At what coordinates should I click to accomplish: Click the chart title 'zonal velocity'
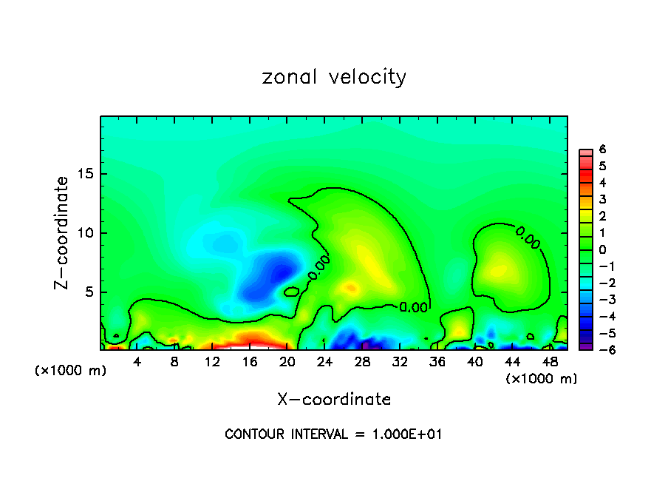pyautogui.click(x=334, y=77)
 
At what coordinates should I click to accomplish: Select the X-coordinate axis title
pyautogui.click(x=334, y=400)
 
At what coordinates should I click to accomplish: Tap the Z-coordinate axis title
pyautogui.click(x=62, y=232)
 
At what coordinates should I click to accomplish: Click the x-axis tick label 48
pyautogui.click(x=550, y=362)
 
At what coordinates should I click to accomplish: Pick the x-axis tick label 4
pyautogui.click(x=137, y=362)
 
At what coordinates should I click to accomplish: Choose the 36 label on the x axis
pyautogui.click(x=437, y=362)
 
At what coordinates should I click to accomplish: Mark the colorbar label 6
pyautogui.click(x=602, y=149)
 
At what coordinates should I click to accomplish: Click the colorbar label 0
pyautogui.click(x=602, y=249)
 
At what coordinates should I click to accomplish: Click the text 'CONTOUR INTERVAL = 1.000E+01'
pyautogui.click(x=333, y=434)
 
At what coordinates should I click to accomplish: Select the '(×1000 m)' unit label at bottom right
pyautogui.click(x=542, y=379)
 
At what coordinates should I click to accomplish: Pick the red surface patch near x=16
pyautogui.click(x=251, y=341)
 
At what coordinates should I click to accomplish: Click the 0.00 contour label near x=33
pyautogui.click(x=413, y=307)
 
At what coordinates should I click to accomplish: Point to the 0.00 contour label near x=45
pyautogui.click(x=528, y=237)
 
